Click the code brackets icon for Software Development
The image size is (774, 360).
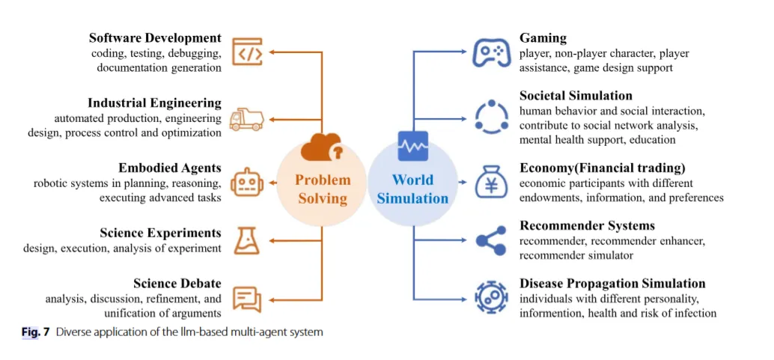(247, 52)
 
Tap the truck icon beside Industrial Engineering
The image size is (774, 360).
(246, 118)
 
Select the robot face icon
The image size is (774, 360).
(246, 182)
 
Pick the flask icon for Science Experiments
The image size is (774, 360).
(246, 240)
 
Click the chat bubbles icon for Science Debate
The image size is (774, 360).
(246, 299)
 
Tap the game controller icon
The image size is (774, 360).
(491, 52)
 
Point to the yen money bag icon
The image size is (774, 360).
(491, 182)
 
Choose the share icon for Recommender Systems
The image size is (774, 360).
(491, 240)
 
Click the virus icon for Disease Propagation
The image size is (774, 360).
(491, 297)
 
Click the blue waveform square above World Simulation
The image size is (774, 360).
(412, 147)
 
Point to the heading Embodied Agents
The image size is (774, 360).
(169, 168)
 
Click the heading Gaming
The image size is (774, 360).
(543, 38)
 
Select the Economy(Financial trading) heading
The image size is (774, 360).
(602, 168)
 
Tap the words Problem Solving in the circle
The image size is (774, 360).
(323, 189)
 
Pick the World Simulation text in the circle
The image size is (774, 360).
(412, 189)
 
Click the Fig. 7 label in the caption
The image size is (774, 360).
(35, 332)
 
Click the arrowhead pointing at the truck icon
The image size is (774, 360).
(272, 119)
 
